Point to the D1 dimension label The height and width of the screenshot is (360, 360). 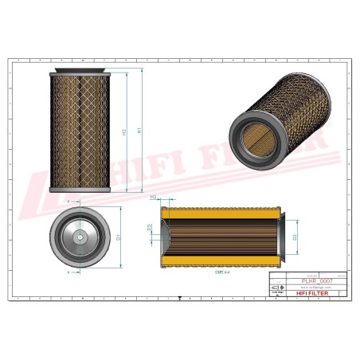tap(118, 237)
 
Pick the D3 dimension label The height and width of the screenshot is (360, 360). tap(151, 228)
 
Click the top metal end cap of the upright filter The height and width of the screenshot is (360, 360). tap(77, 74)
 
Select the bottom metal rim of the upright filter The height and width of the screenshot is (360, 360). tap(77, 189)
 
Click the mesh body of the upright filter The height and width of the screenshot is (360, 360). tap(77, 131)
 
